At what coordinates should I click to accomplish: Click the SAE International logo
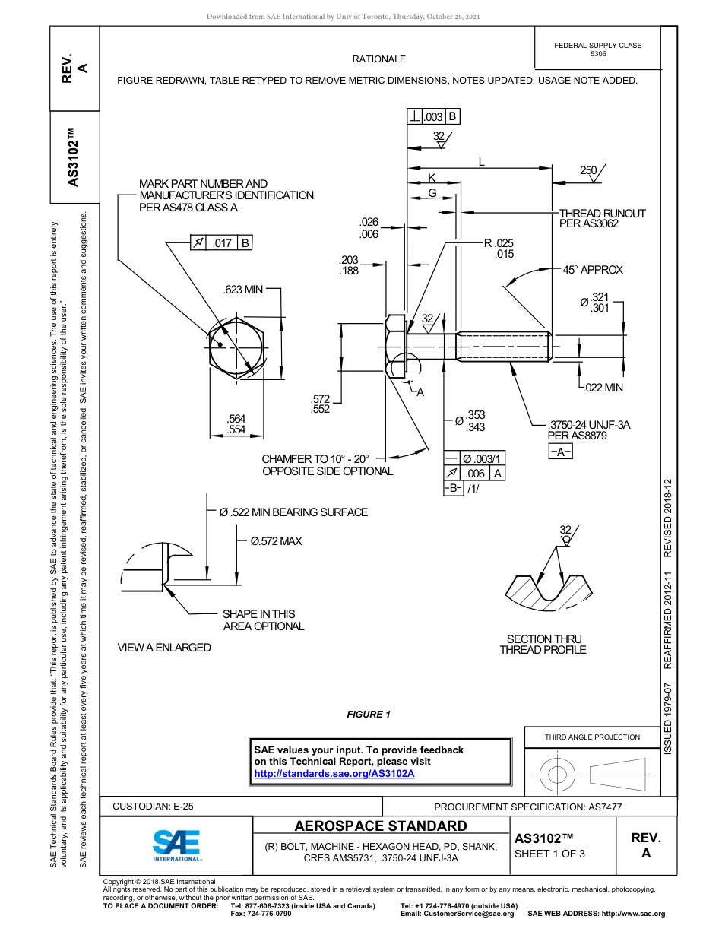tap(177, 845)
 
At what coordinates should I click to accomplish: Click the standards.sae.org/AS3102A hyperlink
tap(334, 773)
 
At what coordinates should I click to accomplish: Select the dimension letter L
tap(481, 161)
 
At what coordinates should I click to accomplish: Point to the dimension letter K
tap(432, 177)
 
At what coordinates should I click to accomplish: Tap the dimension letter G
tap(432, 193)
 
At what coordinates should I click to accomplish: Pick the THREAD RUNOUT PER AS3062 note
tap(602, 218)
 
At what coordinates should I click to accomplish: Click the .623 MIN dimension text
tap(242, 290)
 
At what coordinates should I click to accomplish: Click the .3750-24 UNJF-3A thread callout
tap(589, 425)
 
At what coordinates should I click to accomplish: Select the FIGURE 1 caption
tap(368, 714)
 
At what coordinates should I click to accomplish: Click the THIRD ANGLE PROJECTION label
tap(592, 737)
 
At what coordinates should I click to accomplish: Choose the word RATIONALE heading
tap(378, 59)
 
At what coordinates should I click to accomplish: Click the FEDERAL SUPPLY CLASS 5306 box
tap(597, 49)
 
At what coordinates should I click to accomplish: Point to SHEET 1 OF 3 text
tap(549, 853)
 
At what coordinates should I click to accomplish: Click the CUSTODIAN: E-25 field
tap(153, 807)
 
